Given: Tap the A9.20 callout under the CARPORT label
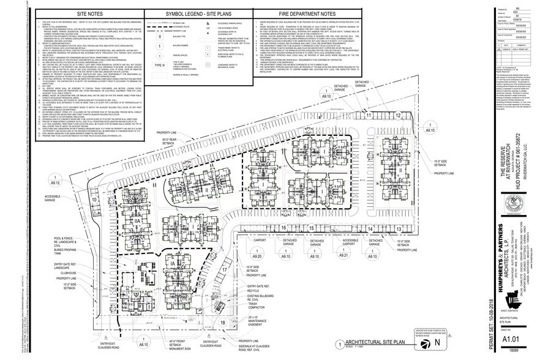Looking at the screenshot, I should pos(258,256).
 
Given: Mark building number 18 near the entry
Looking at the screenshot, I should pos(223,322).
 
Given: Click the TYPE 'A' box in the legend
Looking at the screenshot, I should pos(159,66).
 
